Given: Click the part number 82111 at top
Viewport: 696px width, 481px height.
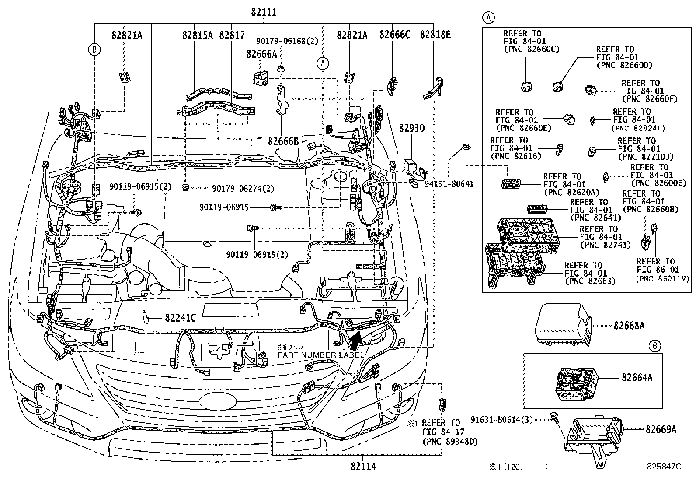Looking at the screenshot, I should point(264,12).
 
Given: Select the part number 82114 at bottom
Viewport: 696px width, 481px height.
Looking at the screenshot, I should point(363,467).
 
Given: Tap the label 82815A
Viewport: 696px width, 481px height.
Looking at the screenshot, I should point(198,35).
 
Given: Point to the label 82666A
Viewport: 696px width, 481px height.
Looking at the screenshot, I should point(261,54).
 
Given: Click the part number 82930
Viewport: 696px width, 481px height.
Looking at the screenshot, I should point(411,129).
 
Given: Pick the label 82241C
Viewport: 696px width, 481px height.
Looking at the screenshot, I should point(180,318).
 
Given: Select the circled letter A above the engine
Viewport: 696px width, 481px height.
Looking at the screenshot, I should point(322,63).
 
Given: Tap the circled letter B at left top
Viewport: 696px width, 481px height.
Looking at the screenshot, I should point(94,49).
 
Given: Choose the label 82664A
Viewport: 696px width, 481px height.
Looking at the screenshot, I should point(637,377).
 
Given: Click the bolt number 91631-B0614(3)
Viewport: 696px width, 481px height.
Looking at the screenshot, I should point(501,420).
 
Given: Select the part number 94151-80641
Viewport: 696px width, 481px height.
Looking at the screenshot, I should point(449,184).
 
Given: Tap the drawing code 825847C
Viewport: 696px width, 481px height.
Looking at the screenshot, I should point(664,467).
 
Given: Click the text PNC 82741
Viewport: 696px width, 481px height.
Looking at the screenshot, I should point(606,245).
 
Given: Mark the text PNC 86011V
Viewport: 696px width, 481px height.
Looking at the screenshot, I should point(663,278).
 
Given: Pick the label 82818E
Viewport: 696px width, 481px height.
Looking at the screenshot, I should point(435,35).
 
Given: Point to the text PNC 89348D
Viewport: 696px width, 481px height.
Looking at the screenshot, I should point(450,442).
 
